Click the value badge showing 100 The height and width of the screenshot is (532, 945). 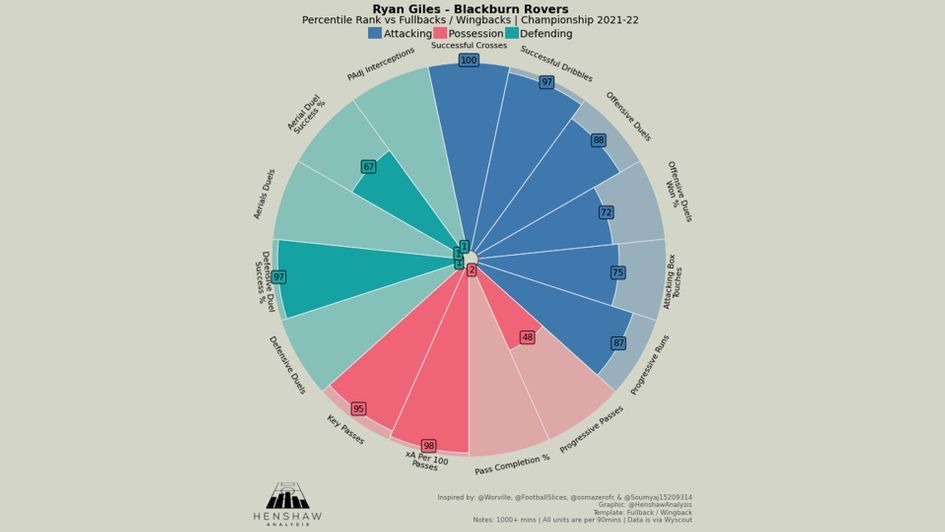pyautogui.click(x=468, y=61)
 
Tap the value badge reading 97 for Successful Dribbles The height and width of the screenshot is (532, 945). pyautogui.click(x=547, y=82)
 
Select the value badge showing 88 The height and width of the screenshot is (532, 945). pyautogui.click(x=598, y=141)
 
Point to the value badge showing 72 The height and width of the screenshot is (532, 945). pyautogui.click(x=606, y=213)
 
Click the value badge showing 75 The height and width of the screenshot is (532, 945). pyautogui.click(x=618, y=273)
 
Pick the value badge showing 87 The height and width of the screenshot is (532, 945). pyautogui.click(x=619, y=343)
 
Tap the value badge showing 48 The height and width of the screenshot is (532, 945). pyautogui.click(x=527, y=338)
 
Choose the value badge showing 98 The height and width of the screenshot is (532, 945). pyautogui.click(x=428, y=446)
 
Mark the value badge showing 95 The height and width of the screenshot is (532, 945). pyautogui.click(x=358, y=409)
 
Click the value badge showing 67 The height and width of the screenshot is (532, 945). pyautogui.click(x=368, y=167)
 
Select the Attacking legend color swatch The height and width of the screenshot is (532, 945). pyautogui.click(x=375, y=33)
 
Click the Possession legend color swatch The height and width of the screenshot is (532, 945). pyautogui.click(x=440, y=33)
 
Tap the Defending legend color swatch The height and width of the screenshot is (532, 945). pyautogui.click(x=512, y=33)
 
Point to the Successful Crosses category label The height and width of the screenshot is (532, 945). pyautogui.click(x=468, y=46)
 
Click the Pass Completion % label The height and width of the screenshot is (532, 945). pyautogui.click(x=512, y=464)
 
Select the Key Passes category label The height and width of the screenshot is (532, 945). pyautogui.click(x=345, y=430)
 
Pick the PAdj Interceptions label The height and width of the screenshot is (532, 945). pyautogui.click(x=381, y=64)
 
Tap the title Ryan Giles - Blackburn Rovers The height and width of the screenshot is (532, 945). pyautogui.click(x=470, y=9)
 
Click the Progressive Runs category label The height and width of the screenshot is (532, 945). pyautogui.click(x=650, y=365)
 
